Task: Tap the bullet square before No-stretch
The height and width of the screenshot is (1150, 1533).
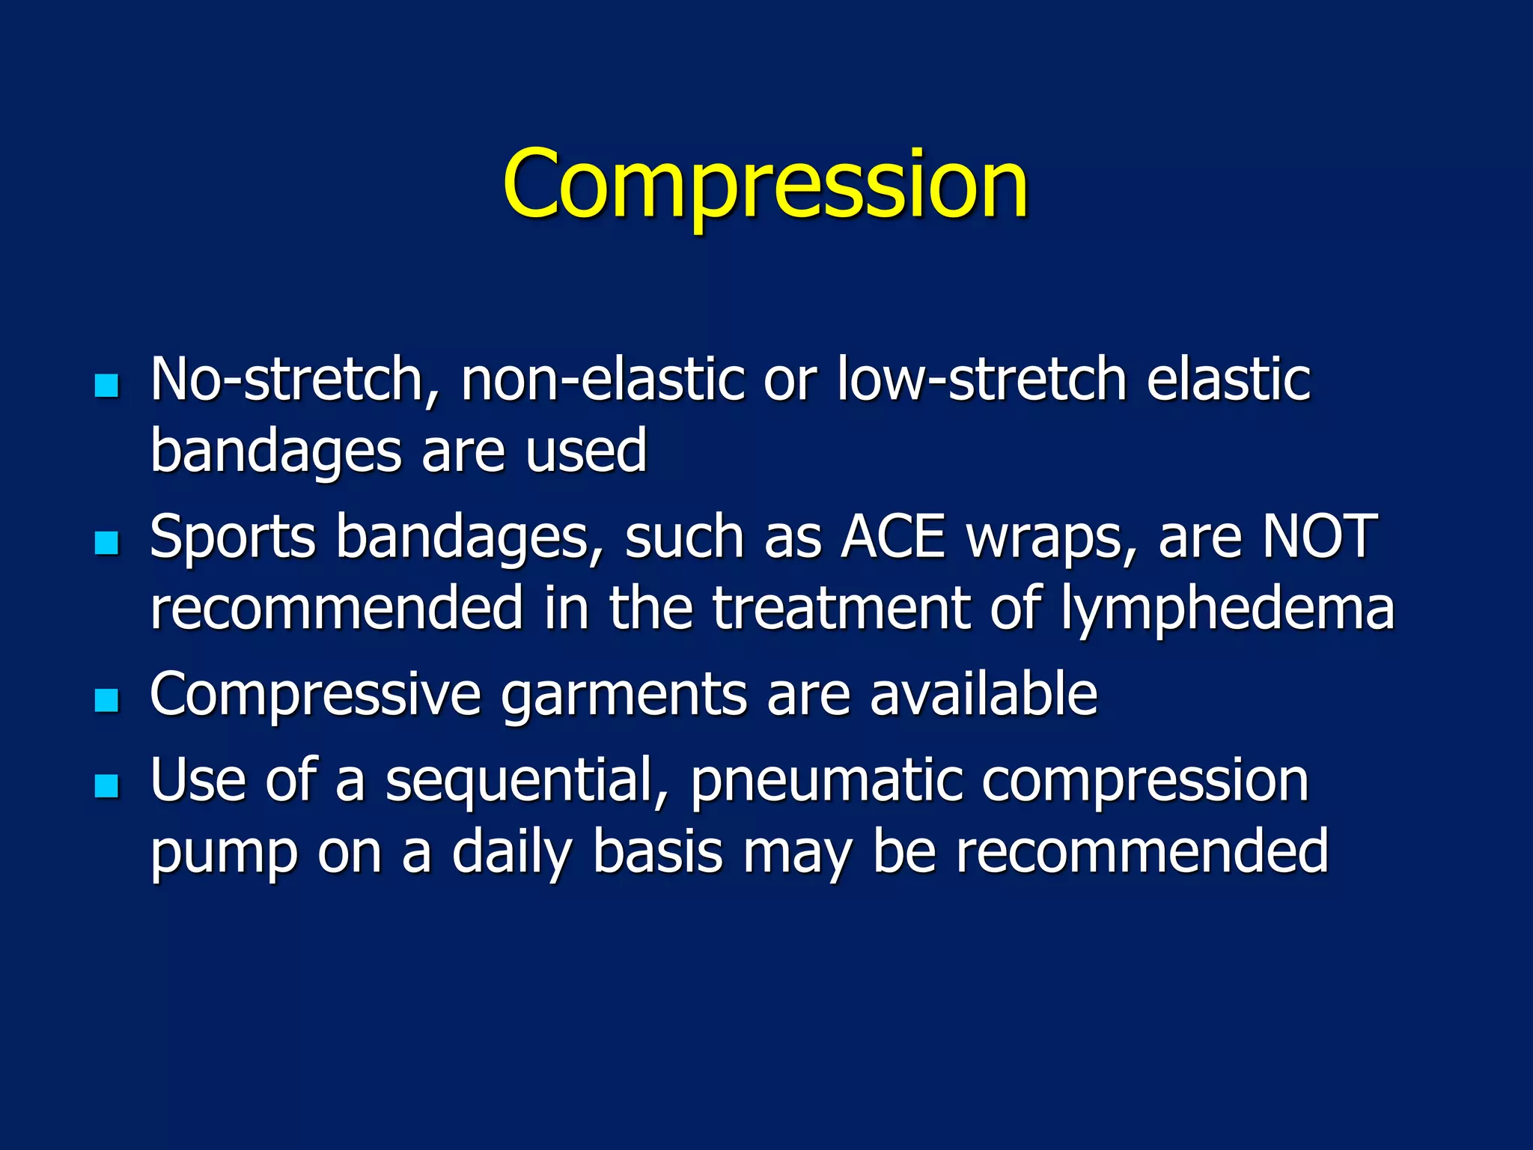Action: [x=107, y=386]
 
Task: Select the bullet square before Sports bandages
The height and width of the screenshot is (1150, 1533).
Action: [x=107, y=543]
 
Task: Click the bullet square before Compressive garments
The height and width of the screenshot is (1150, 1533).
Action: [x=107, y=700]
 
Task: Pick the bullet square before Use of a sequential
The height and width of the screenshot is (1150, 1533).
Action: [x=107, y=785]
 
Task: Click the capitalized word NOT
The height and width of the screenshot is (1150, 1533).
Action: [x=1320, y=537]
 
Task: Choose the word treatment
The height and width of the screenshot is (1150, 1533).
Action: [x=841, y=609]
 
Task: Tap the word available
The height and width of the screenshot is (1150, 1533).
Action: [x=983, y=694]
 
